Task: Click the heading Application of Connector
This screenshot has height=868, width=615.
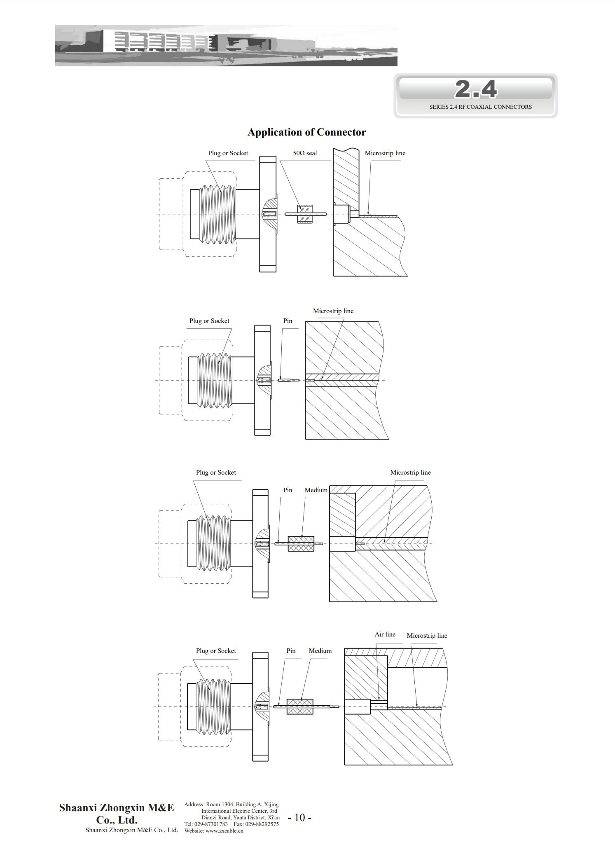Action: click(306, 132)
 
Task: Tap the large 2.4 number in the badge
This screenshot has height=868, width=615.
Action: click(476, 89)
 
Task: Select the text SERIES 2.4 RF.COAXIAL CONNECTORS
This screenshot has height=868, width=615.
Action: click(480, 107)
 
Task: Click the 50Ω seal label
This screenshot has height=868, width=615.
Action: click(305, 153)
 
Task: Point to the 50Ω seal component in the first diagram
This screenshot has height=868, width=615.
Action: click(305, 214)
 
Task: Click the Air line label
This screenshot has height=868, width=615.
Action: click(385, 634)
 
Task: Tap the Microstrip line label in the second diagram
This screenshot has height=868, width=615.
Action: click(333, 311)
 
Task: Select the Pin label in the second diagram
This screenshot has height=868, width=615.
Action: click(288, 321)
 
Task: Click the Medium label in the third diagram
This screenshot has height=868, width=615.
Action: click(316, 490)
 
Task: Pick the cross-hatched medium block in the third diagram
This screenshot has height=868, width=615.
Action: click(301, 544)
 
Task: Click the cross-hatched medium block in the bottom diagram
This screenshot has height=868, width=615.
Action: click(300, 707)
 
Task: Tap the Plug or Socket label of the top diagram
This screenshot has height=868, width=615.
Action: click(228, 153)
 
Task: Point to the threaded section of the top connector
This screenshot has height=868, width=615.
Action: click(218, 214)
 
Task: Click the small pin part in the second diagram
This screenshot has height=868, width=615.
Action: click(289, 380)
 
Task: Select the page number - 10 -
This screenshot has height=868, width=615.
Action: click(299, 818)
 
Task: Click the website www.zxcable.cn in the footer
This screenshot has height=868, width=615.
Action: click(224, 831)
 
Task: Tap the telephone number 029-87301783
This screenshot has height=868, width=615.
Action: click(211, 824)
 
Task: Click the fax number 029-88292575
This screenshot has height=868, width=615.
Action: click(262, 824)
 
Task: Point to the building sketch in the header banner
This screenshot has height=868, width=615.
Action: click(226, 45)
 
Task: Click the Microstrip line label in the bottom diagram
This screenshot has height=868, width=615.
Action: click(427, 636)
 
